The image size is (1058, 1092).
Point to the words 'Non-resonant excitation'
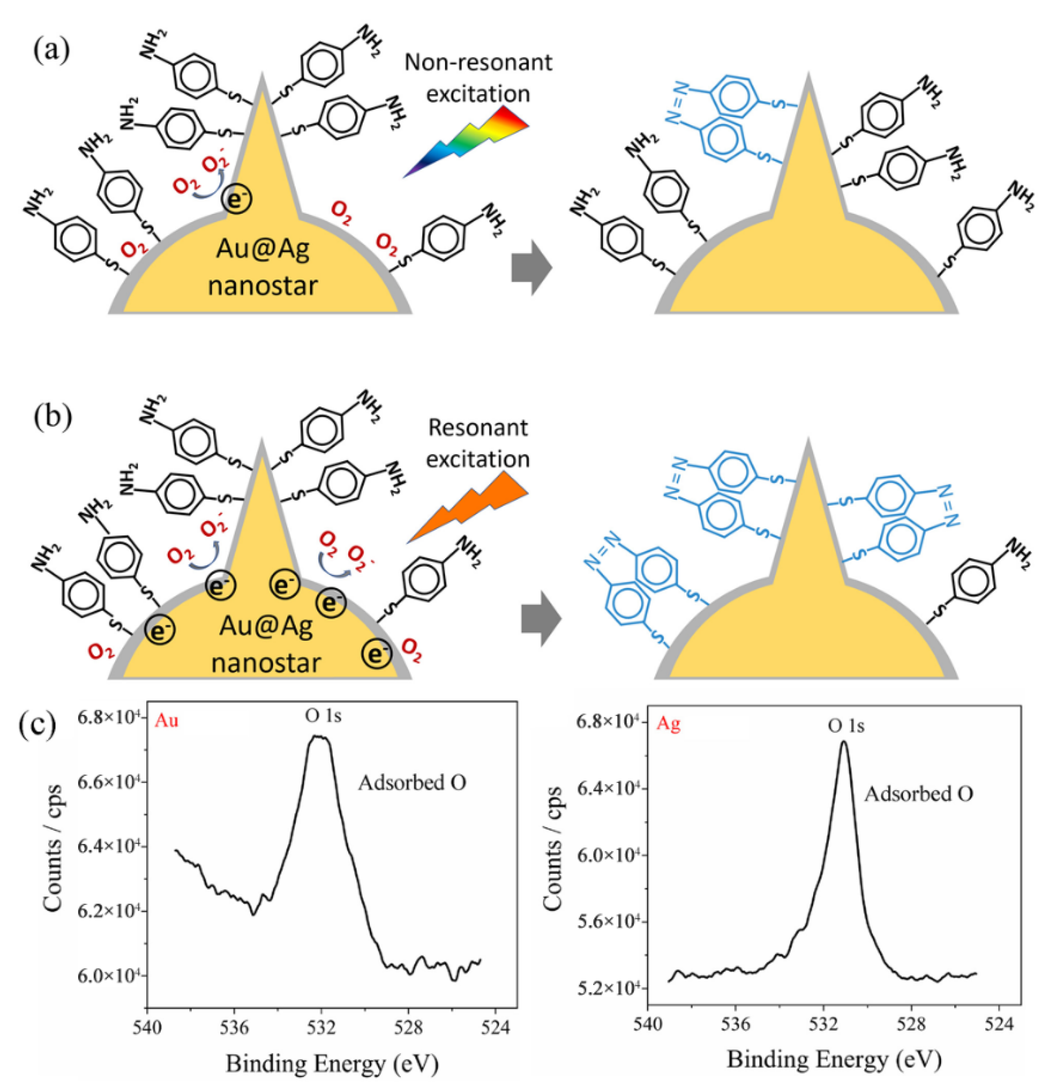pyautogui.click(x=478, y=78)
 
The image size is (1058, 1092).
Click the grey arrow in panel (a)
pyautogui.click(x=531, y=267)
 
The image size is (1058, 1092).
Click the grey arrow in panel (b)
pyautogui.click(x=541, y=618)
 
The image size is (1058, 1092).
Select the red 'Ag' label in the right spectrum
pyautogui.click(x=669, y=724)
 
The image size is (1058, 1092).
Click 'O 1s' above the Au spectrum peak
pyautogui.click(x=323, y=716)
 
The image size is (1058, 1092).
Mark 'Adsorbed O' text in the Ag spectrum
pyautogui.click(x=918, y=794)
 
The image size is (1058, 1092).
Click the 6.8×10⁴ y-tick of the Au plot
pyautogui.click(x=108, y=719)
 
